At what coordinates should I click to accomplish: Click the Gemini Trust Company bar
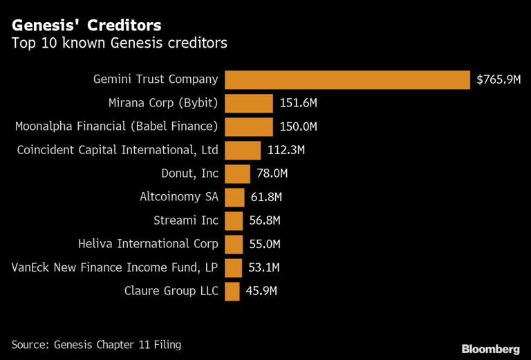coord(348,80)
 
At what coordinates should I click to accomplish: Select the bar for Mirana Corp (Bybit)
coord(249,104)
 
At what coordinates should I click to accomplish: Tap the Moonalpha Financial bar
coord(249,127)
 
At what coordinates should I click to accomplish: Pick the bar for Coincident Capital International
coord(243,151)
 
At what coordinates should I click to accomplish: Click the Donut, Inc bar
coord(237,174)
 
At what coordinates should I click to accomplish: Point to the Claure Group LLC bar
coord(232,291)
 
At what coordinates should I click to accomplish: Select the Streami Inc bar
coord(234,221)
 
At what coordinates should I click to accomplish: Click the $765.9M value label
coord(499,80)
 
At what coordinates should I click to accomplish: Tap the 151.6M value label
coord(298,104)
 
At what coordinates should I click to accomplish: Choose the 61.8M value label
coord(266,198)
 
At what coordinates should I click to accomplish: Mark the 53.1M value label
coord(263,268)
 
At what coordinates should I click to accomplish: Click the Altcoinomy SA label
coord(178,198)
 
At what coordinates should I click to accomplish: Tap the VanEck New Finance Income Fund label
coord(115,268)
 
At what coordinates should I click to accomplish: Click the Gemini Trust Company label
coord(156,80)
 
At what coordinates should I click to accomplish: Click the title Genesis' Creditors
coord(86,26)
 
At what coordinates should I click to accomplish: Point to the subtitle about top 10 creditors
coord(119,44)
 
